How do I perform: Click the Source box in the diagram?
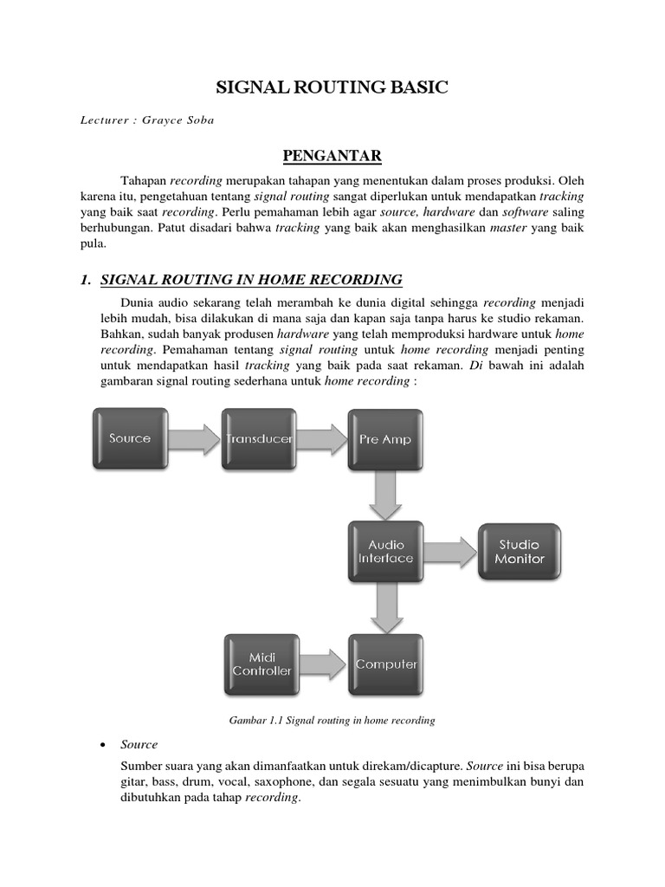(130, 438)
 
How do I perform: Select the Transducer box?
(258, 438)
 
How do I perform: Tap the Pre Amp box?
(385, 438)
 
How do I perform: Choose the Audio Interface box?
(385, 552)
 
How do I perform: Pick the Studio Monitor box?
(519, 552)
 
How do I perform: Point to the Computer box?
(386, 664)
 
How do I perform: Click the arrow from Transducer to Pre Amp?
(321, 438)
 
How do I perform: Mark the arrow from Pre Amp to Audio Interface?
(385, 495)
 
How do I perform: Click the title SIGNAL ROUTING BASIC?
(332, 87)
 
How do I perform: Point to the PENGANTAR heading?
(332, 156)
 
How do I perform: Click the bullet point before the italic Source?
(103, 745)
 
